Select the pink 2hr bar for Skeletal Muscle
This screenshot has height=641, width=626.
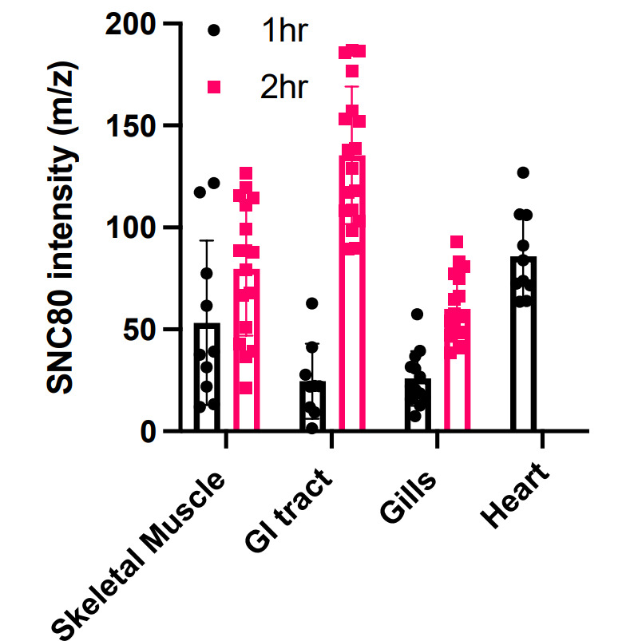click(246, 351)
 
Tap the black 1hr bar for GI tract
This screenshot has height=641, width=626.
click(312, 406)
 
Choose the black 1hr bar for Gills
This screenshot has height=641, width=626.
click(418, 405)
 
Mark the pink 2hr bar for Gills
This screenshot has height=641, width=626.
click(457, 370)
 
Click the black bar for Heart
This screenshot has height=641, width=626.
click(523, 344)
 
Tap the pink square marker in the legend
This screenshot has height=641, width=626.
click(213, 86)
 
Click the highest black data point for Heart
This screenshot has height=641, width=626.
click(522, 172)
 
